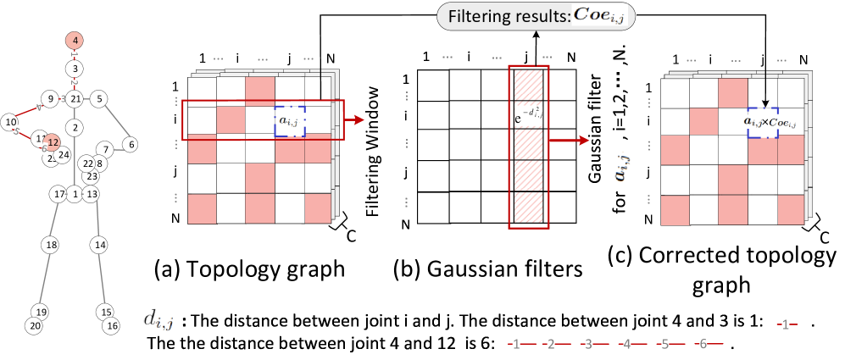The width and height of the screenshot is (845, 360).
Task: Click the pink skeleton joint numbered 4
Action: tap(75, 41)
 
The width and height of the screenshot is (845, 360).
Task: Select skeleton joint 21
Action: tap(75, 99)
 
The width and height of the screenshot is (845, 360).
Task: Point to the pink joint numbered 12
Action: tap(53, 142)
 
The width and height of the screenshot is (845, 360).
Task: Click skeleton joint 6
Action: tap(131, 144)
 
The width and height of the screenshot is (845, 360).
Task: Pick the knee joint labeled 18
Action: tap(51, 245)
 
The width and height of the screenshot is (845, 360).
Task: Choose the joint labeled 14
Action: tap(100, 245)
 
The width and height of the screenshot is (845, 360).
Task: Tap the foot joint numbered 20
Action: tap(34, 326)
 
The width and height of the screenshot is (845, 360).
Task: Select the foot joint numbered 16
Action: tap(111, 325)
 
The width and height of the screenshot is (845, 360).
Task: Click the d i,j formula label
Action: tap(159, 320)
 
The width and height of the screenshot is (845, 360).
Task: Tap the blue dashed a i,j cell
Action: tap(290, 121)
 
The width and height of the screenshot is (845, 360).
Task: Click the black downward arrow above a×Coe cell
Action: tap(765, 98)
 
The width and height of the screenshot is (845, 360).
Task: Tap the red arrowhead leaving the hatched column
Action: tap(585, 142)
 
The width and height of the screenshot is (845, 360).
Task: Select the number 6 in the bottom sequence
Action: tap(703, 344)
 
